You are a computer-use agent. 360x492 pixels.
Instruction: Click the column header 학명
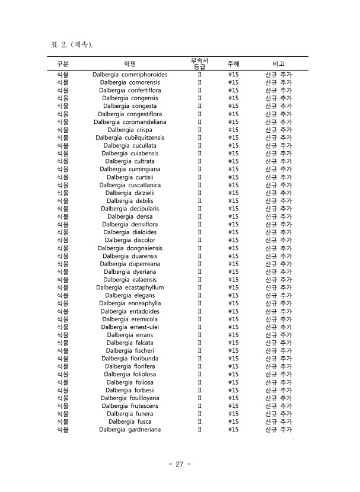[x=130, y=63]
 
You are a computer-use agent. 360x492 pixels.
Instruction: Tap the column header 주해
[x=233, y=63]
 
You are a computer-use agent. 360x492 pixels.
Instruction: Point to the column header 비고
[x=278, y=63]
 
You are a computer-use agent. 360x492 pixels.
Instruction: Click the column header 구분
[x=62, y=63]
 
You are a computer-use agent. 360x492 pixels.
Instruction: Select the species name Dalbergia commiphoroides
[x=130, y=75]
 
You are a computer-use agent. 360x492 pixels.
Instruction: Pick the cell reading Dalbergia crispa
[x=130, y=130]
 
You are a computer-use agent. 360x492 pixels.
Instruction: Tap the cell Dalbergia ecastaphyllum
[x=130, y=287]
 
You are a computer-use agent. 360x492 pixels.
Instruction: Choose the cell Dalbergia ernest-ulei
[x=130, y=327]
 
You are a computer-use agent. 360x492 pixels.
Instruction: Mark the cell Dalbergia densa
[x=130, y=216]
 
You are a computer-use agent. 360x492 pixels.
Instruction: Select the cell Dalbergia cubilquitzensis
[x=130, y=138]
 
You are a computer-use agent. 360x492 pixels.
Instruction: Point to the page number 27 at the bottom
[x=179, y=464]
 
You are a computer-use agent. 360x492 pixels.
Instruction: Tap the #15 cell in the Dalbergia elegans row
[x=233, y=295]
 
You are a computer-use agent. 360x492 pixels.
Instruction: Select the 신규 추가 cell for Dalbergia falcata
[x=278, y=343]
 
